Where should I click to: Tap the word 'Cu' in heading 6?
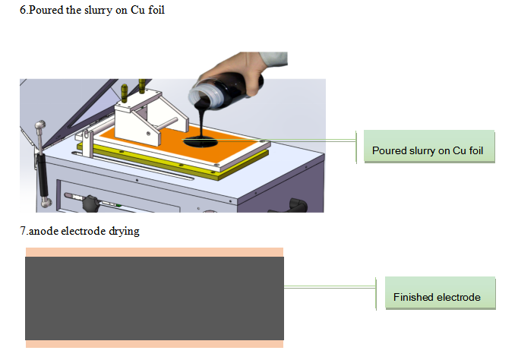click(137, 10)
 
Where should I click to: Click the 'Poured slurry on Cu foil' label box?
click(429, 147)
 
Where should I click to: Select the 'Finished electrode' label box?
click(441, 293)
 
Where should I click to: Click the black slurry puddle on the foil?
click(201, 142)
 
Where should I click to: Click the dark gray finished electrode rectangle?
click(154, 298)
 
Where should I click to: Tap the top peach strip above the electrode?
click(154, 252)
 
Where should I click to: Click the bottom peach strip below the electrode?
click(154, 344)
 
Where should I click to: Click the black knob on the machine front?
click(90, 204)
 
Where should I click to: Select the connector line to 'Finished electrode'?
click(330, 287)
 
